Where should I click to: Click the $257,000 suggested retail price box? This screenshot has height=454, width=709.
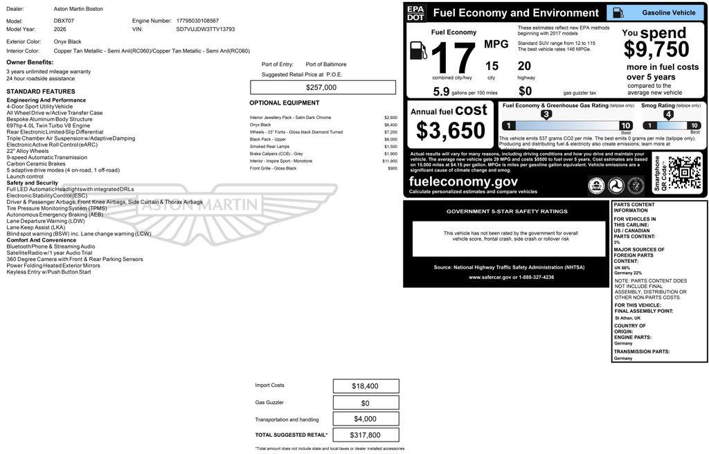coord(322,87)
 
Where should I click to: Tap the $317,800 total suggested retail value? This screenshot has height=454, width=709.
coord(366,435)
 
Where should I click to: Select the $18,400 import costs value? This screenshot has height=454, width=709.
coord(366,386)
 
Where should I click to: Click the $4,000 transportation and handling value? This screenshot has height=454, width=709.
coord(366,419)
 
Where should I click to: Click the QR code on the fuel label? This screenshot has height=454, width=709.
coord(684,172)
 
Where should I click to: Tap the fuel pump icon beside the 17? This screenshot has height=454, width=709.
coord(418,51)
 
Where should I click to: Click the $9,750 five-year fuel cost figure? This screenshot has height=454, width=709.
coord(656,49)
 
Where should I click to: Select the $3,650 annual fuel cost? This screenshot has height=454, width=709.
coord(451,130)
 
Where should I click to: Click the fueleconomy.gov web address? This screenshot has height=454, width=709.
coord(463,181)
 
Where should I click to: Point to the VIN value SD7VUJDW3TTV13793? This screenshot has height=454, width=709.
coord(206,29)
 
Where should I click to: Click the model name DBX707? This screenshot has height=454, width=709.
coord(64,21)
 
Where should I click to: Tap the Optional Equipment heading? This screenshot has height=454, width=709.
coord(285,103)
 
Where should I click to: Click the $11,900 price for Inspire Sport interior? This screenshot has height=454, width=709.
coord(390,161)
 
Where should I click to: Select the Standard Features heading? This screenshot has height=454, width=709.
coord(41,91)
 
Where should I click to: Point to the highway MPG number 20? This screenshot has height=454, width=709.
coord(524,66)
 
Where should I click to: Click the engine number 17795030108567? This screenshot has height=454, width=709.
coord(197,21)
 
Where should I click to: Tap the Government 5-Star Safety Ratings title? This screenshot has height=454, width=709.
coord(507,211)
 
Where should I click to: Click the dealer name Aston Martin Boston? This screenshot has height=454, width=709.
coord(78,9)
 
